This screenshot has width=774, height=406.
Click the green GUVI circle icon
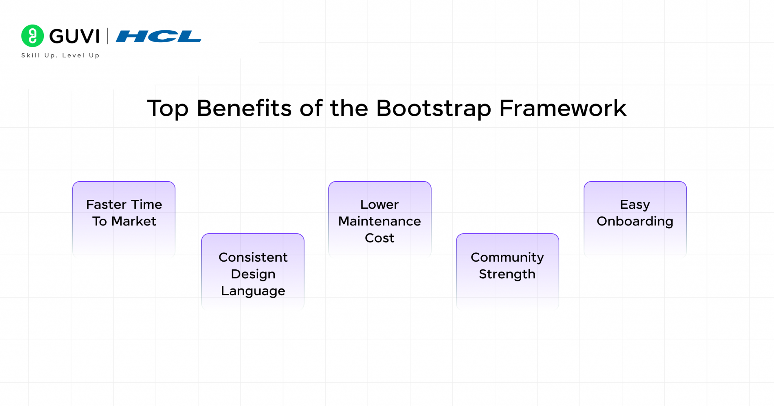tap(33, 36)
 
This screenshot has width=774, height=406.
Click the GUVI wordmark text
tap(74, 36)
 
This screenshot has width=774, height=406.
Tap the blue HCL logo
tap(158, 36)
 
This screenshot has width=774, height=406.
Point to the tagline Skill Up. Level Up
tap(60, 55)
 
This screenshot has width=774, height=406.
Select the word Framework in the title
tap(563, 108)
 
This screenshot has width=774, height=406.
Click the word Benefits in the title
tap(244, 108)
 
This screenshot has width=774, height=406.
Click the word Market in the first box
tap(134, 221)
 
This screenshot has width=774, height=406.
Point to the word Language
tap(253, 291)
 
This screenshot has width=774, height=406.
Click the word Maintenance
tap(379, 221)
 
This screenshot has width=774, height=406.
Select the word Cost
tap(379, 238)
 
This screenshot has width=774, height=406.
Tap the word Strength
tap(507, 274)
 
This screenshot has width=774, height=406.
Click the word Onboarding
tap(635, 221)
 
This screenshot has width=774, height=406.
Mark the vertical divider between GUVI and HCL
tap(108, 36)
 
